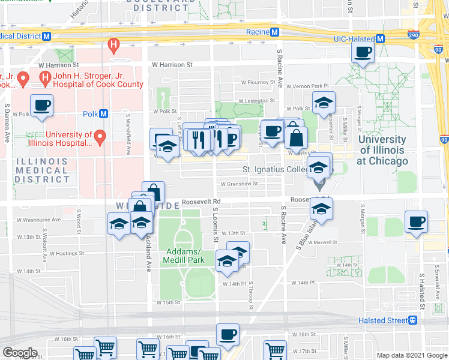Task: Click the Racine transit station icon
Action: tap(274, 32)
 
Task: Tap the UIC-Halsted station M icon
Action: tap(379, 39)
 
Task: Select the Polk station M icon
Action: tap(104, 113)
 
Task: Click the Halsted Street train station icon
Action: tap(412, 320)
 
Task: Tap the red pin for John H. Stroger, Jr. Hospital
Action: tap(44, 78)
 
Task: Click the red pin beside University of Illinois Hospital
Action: tap(100, 138)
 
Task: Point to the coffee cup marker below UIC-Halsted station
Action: tap(363, 52)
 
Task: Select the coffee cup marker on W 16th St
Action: tap(228, 335)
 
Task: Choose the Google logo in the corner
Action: tap(19, 353)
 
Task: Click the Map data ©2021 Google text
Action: tap(412, 355)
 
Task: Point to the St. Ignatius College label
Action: tap(276, 170)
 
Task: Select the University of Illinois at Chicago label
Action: tap(382, 150)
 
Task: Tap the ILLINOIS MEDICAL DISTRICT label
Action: tap(42, 170)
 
